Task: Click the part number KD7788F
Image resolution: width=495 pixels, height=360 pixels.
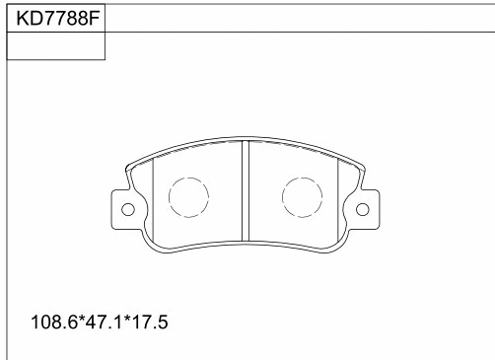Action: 55,18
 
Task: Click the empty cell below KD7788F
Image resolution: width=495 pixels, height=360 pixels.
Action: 55,46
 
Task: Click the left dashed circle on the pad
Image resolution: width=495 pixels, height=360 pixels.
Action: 187,197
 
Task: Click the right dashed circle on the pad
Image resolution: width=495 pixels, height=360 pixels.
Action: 302,197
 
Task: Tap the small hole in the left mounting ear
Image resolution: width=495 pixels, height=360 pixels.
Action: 127,209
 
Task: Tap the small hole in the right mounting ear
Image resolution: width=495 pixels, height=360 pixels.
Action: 362,209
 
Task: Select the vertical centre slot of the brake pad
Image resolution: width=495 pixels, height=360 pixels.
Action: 245,192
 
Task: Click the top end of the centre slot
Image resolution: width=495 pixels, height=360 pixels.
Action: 245,142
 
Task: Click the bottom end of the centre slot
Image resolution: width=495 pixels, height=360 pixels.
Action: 245,240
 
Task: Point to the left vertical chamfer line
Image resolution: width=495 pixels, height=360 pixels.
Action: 155,197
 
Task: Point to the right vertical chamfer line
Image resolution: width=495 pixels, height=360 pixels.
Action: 338,197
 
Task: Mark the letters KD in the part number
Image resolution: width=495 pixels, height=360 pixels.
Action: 25,18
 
